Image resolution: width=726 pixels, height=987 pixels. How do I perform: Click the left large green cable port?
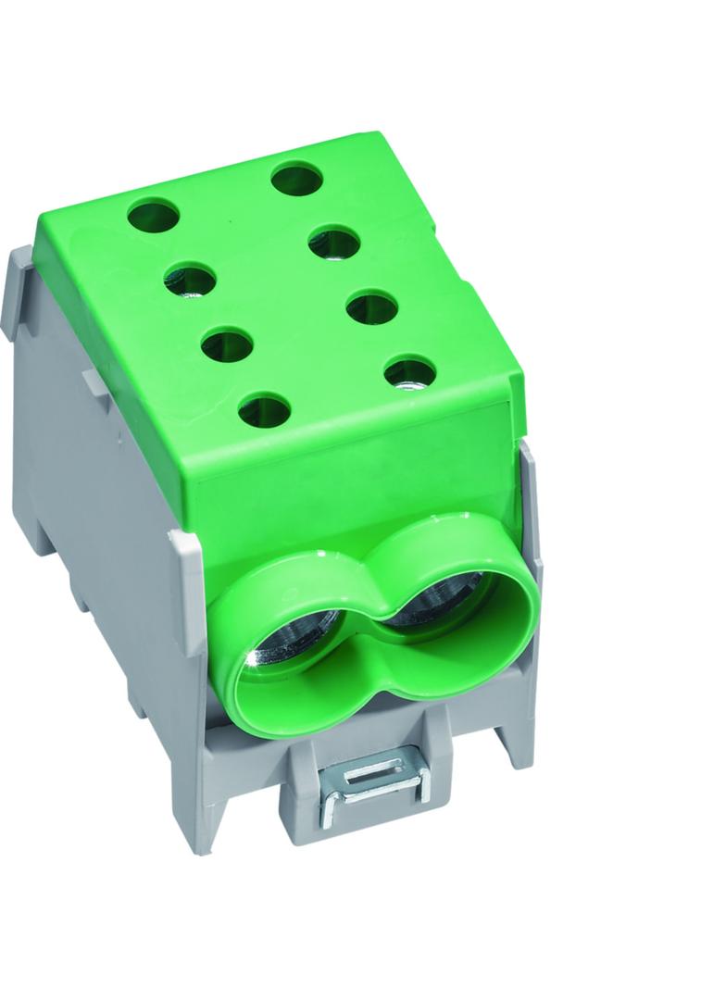tap(282, 648)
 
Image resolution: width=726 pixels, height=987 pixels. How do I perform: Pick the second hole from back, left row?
tap(190, 279)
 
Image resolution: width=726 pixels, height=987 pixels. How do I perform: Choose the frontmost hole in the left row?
tap(264, 408)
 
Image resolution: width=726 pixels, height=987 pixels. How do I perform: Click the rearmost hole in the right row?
tap(296, 178)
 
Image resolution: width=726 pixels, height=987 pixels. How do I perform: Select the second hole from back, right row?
tap(334, 243)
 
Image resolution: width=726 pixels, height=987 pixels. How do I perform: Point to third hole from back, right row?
tap(372, 306)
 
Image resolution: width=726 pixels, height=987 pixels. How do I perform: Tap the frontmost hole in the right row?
tap(409, 372)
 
